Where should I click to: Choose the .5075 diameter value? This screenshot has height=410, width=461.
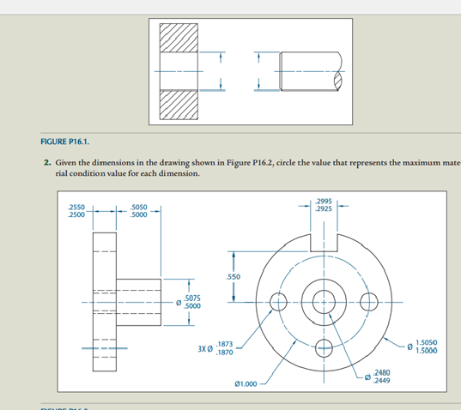[x=191, y=298]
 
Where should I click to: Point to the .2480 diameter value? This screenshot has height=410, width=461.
[x=381, y=373]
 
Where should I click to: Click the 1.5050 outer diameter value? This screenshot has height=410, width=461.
[x=429, y=342]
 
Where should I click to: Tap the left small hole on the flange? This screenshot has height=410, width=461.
[x=278, y=302]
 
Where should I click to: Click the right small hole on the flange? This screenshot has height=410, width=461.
[x=370, y=302]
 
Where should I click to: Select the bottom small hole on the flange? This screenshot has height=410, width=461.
[x=325, y=347]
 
